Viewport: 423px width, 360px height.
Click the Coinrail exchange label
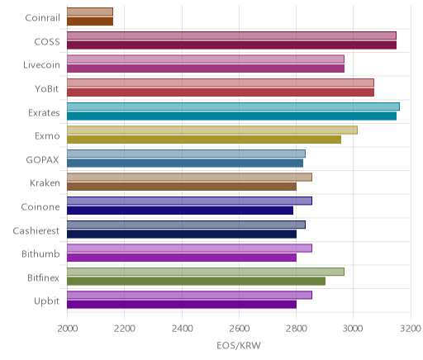(x=42, y=18)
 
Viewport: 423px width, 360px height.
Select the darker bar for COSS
(x=231, y=45)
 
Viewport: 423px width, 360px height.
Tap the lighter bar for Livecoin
(x=206, y=59)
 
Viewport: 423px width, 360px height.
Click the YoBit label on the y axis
(x=47, y=89)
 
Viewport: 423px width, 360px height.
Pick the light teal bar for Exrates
(x=233, y=107)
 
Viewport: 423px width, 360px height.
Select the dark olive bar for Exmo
(x=204, y=140)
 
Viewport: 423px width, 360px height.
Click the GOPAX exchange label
(x=42, y=160)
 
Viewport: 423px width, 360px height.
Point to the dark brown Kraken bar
(x=182, y=187)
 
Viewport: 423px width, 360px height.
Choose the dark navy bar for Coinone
(x=180, y=211)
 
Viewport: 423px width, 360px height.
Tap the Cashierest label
(x=36, y=230)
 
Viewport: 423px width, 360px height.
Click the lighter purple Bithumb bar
(x=189, y=248)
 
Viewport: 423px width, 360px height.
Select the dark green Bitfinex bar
(x=196, y=282)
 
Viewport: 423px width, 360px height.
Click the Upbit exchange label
(x=46, y=301)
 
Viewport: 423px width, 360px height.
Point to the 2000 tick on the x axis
(x=68, y=329)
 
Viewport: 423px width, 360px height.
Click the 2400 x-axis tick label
(x=182, y=329)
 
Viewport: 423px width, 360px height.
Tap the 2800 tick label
(x=297, y=329)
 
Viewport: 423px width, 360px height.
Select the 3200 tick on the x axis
(x=411, y=329)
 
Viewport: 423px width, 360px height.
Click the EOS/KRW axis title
(x=239, y=346)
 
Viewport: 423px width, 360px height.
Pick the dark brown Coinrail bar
(x=90, y=21)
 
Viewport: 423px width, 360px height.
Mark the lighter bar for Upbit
(x=189, y=295)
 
